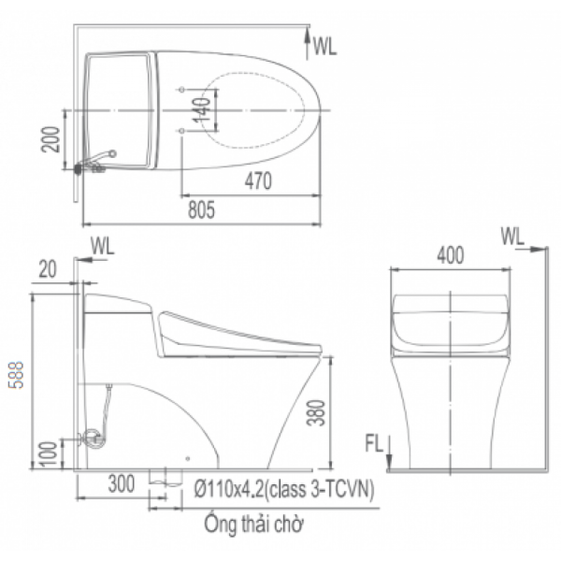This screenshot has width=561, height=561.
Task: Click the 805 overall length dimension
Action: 201,210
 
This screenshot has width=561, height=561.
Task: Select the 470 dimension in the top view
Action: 258,181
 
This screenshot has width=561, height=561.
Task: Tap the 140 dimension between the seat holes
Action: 202,109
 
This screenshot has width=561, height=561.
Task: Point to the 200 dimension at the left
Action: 50,139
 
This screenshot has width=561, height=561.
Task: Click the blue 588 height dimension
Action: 17,375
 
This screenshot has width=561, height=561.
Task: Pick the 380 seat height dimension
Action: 316,412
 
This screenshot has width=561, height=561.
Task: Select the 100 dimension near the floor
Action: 49,454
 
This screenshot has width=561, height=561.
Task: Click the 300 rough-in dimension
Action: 122,483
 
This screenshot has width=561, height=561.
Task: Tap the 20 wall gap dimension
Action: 48,269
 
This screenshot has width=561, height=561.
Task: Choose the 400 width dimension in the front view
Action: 451,255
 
